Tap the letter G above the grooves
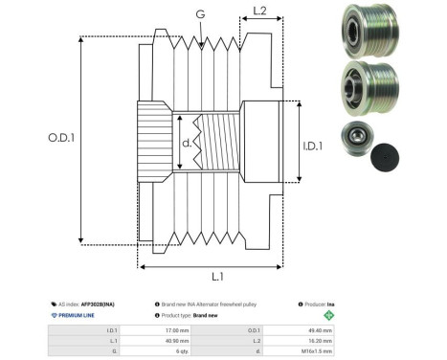pos(199,14)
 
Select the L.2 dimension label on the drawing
pos(259,12)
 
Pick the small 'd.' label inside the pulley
pos(186,145)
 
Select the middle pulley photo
pos(363,91)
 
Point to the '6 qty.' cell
pos(173,350)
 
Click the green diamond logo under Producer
pos(330,314)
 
